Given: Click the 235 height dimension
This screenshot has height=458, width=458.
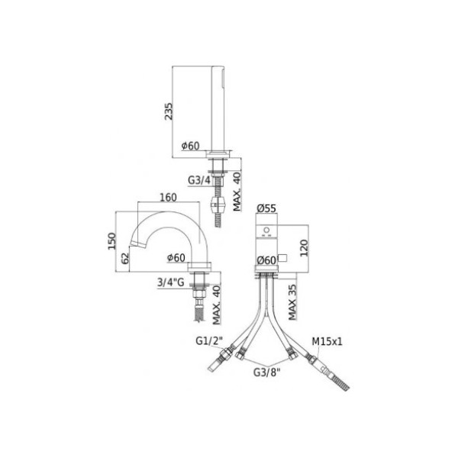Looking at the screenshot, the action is coord(169,111).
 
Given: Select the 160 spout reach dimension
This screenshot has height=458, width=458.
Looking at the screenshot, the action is coord(169,198).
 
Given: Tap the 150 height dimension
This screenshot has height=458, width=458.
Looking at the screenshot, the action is coord(112,241).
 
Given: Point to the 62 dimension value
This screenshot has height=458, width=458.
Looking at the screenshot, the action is coord(125,259).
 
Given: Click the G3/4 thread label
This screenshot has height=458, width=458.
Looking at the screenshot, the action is coord(199,180).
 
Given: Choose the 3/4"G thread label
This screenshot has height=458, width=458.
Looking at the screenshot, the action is coord(171,282).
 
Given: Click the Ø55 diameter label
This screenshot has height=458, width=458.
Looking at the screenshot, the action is coord(266,208).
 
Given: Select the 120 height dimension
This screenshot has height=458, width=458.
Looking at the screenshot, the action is coord(304,248).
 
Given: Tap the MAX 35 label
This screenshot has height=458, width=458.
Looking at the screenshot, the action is coord(292,302).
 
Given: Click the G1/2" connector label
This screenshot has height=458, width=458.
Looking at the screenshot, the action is coord(209,340).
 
